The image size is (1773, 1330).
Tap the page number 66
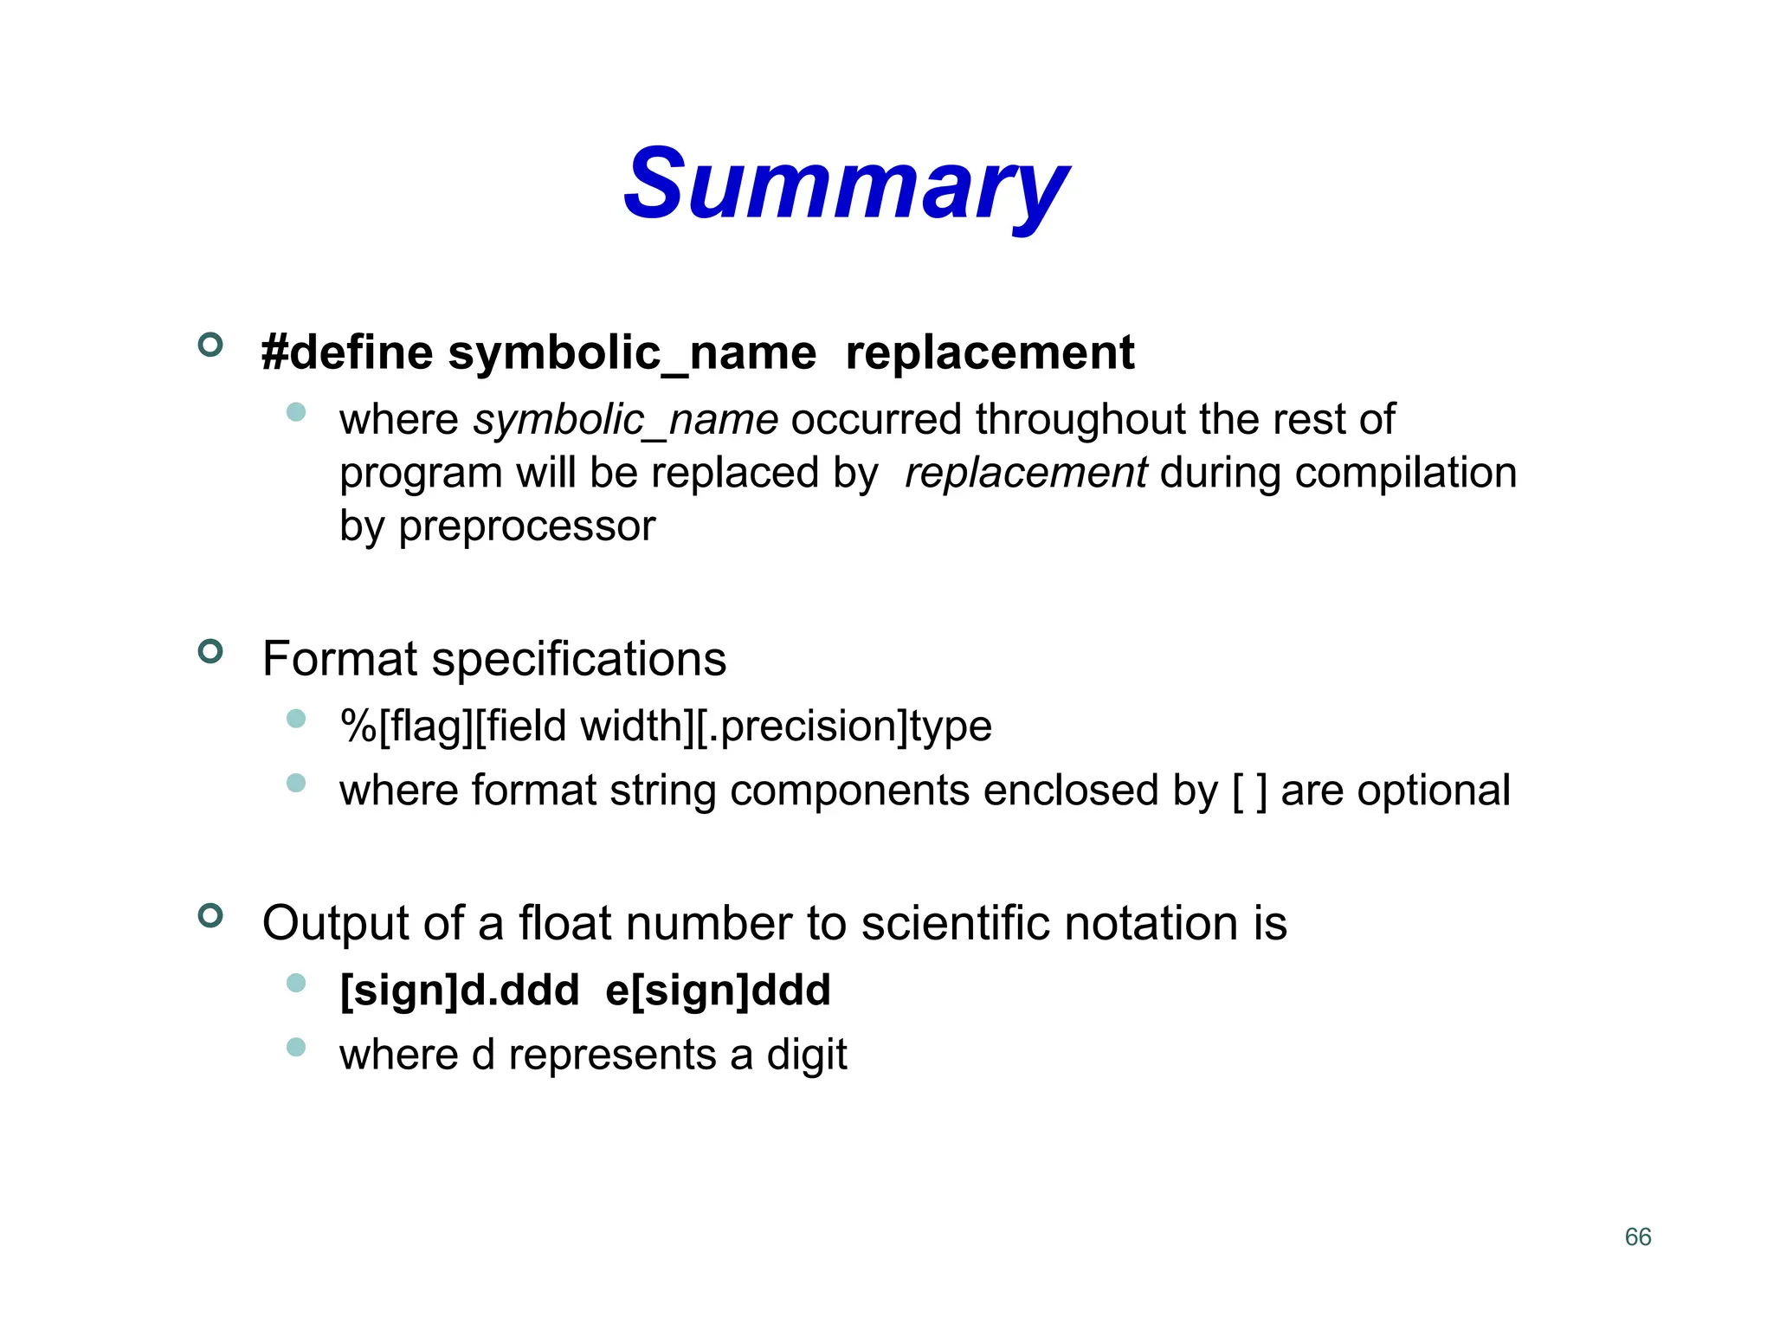[x=1638, y=1236]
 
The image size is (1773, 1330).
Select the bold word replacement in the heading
[x=989, y=353]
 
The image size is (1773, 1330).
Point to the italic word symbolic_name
[x=625, y=421]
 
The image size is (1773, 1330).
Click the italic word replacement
[x=1026, y=474]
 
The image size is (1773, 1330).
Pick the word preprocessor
[x=526, y=526]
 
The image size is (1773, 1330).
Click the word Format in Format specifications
[x=339, y=659]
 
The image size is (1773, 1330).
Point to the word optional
[x=1395, y=791]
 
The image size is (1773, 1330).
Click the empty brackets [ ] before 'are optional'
[x=1249, y=791]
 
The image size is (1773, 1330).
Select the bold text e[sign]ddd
[x=718, y=990]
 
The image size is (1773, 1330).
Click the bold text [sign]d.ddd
[x=459, y=990]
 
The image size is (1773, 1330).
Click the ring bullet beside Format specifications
[x=210, y=651]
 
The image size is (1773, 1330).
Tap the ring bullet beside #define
[x=210, y=345]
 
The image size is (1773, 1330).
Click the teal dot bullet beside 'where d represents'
[x=296, y=1048]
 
